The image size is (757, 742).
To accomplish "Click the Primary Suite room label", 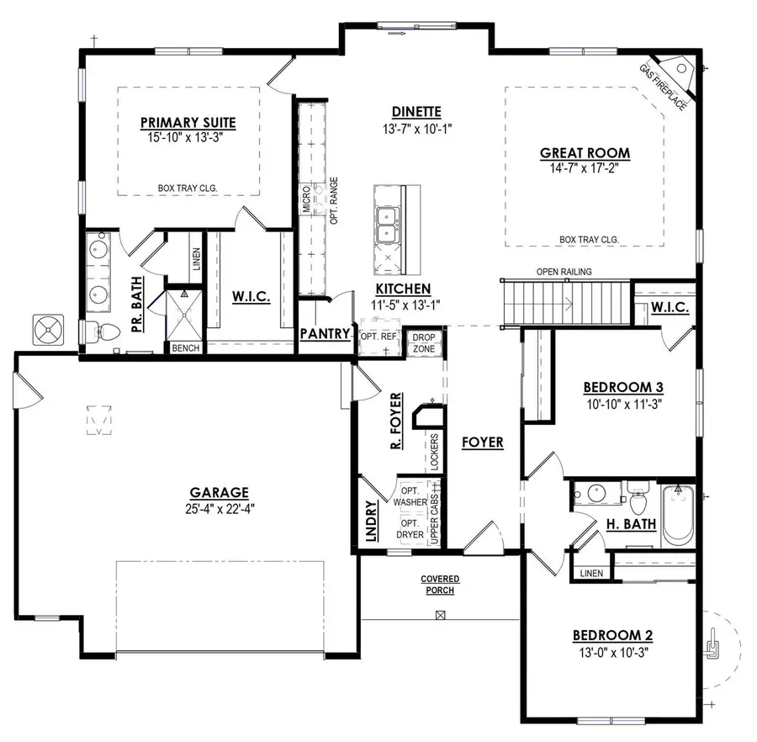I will point(188,123).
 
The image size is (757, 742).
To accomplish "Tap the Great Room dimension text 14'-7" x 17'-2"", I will point(585,169).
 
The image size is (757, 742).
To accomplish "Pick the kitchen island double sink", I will point(388,223).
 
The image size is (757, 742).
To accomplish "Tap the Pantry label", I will point(325,334).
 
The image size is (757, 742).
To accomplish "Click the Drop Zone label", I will point(422,342).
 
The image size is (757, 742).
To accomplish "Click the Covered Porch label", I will point(439,585).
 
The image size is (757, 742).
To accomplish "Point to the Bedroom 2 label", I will point(612,635).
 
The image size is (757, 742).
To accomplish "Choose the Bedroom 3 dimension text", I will point(623,403).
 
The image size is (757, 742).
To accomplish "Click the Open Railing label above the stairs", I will point(564,272).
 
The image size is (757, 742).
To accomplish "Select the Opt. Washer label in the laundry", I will point(410,496).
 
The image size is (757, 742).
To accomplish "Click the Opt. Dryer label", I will point(410,529).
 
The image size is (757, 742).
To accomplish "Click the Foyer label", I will point(482,442).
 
